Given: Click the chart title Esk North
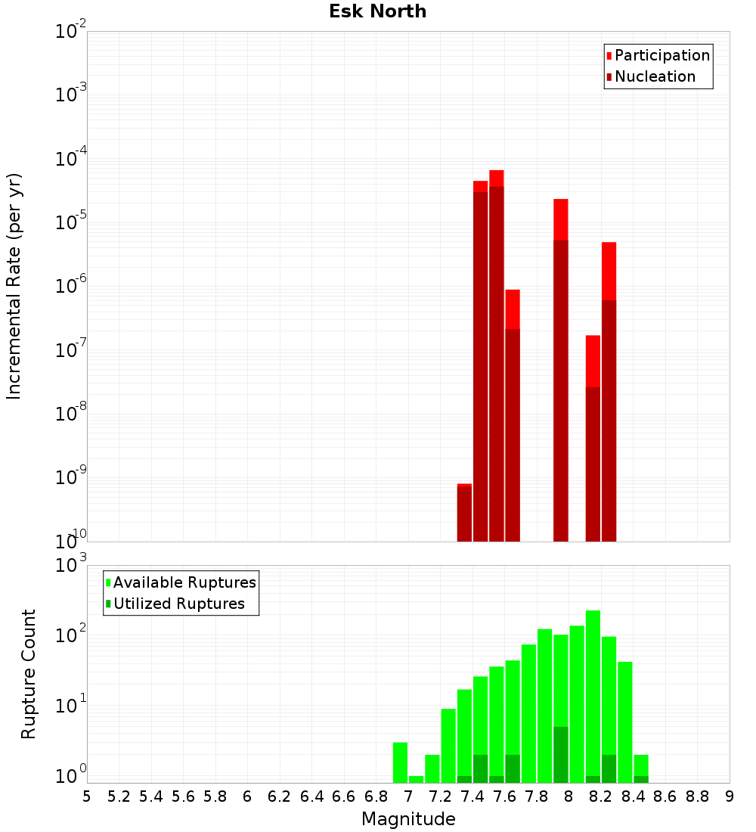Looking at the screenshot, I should pyautogui.click(x=377, y=11).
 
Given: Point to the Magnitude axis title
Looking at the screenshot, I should pyautogui.click(x=408, y=819).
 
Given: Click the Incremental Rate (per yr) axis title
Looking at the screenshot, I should pyautogui.click(x=14, y=286).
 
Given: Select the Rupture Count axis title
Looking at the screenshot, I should pyautogui.click(x=29, y=674).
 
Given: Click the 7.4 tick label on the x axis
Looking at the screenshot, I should pyautogui.click(x=472, y=796).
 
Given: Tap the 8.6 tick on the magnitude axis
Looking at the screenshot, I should pyautogui.click(x=665, y=796).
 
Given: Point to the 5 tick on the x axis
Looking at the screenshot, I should pyautogui.click(x=87, y=796).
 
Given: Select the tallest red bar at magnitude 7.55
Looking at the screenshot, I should pyautogui.click(x=497, y=355).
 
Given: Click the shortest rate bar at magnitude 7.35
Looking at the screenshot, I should pyautogui.click(x=464, y=513).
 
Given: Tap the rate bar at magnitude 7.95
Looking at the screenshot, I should pyautogui.click(x=561, y=371).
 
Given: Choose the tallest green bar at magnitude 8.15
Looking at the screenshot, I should pyautogui.click(x=593, y=696).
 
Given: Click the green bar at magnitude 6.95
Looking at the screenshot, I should pyautogui.click(x=400, y=762).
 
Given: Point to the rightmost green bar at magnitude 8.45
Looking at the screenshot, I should pyautogui.click(x=641, y=768).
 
